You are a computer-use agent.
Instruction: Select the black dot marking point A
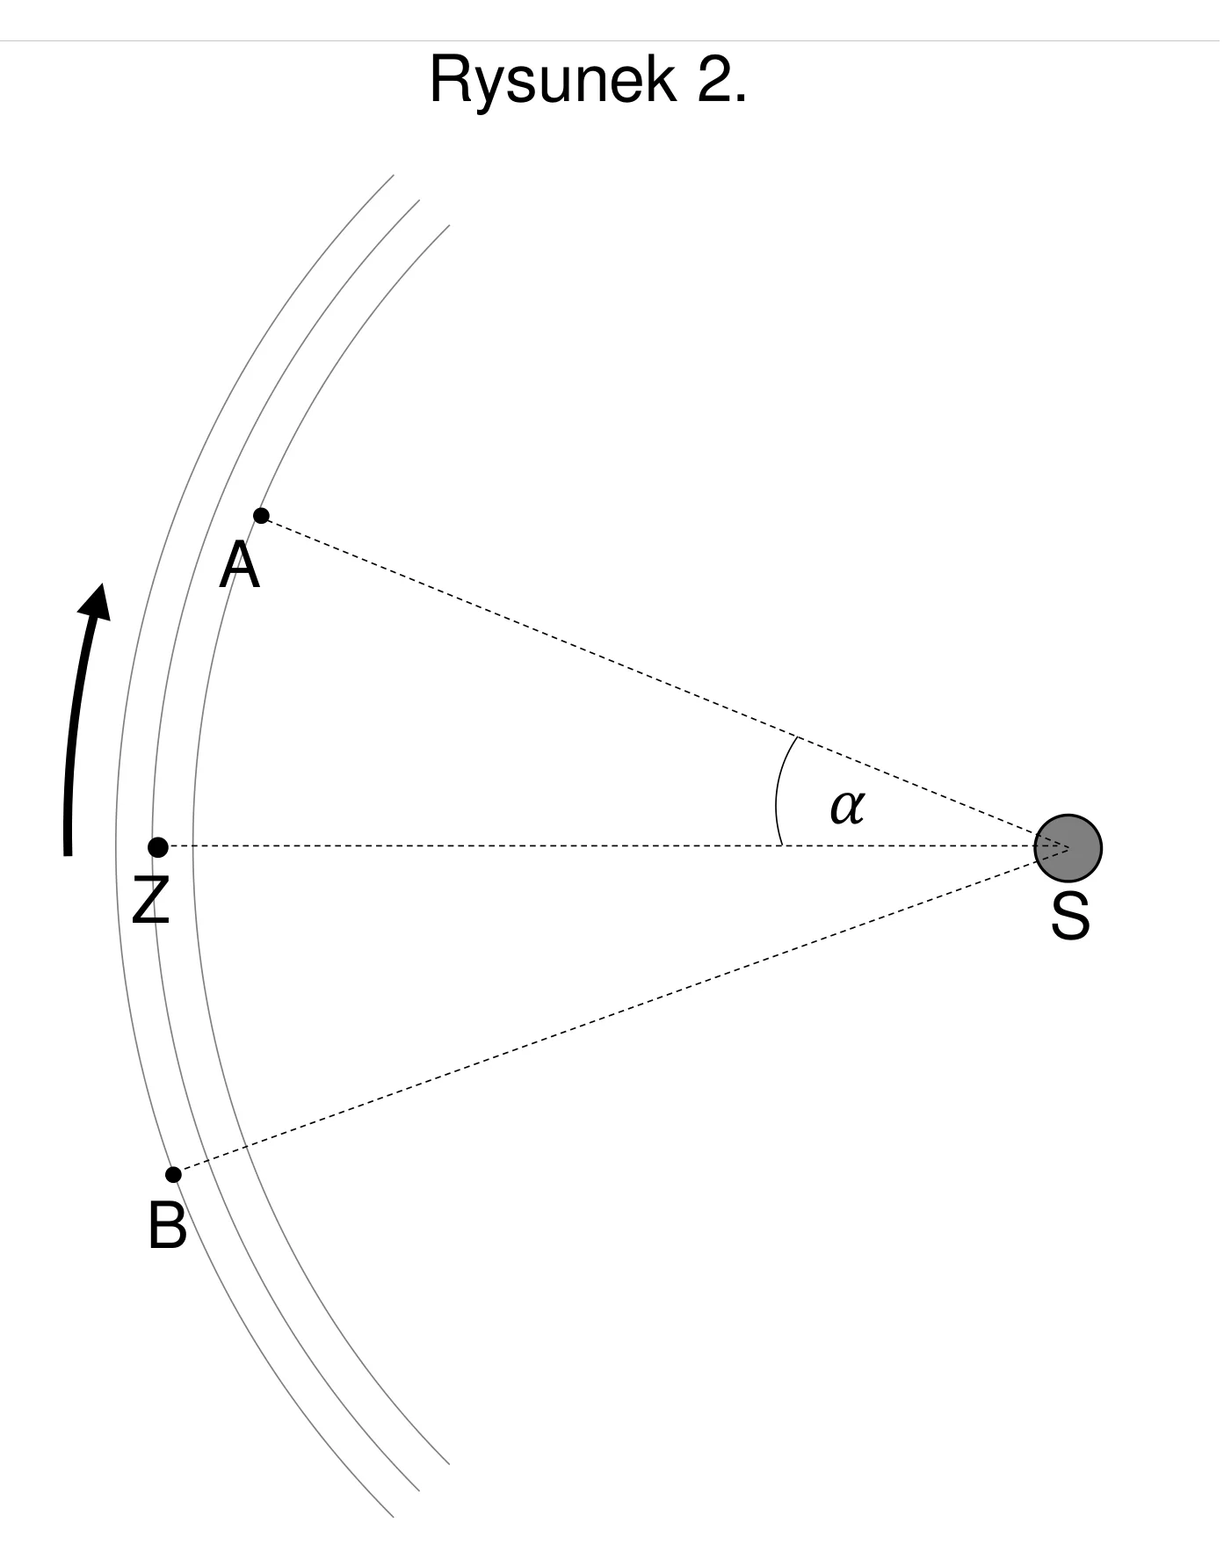(261, 516)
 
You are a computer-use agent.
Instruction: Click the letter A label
(240, 565)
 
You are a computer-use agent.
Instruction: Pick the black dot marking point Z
(158, 847)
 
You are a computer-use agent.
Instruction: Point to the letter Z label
(150, 900)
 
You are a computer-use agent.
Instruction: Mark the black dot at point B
(174, 1175)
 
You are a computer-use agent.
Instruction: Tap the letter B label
(167, 1225)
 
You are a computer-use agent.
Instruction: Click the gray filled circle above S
(1068, 848)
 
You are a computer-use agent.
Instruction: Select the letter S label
(1070, 917)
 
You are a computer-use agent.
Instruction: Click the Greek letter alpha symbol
(847, 806)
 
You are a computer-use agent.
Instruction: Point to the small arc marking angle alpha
(778, 788)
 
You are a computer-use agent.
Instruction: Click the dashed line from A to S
(664, 682)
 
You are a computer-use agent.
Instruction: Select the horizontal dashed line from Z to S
(613, 845)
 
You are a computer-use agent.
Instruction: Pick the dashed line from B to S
(621, 1011)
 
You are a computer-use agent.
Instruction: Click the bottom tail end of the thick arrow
(67, 852)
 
